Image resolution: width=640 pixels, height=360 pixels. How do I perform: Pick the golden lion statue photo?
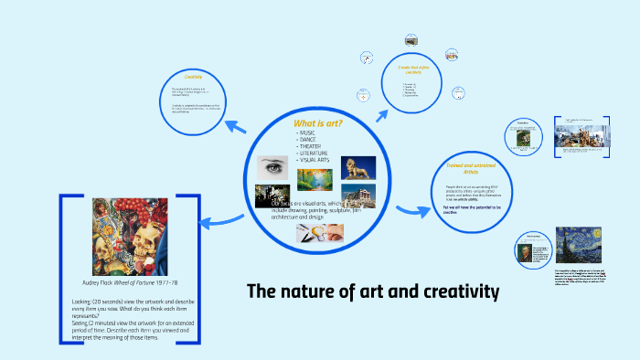(x=358, y=168)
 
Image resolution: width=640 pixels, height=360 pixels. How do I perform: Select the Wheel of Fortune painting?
(x=130, y=239)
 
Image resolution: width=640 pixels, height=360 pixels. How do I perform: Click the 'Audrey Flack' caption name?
(x=98, y=284)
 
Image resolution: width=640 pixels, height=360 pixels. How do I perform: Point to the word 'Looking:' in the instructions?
(x=83, y=301)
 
